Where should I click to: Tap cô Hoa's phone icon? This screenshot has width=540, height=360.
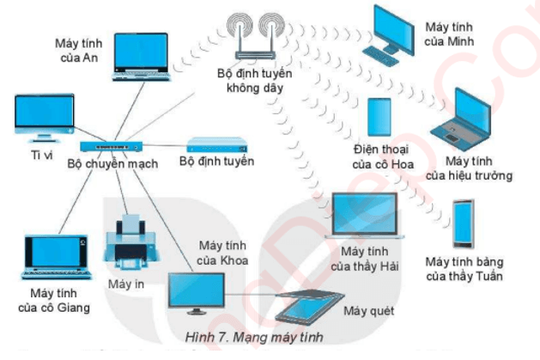click(x=380, y=119)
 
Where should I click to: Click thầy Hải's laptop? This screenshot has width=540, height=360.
click(x=365, y=216)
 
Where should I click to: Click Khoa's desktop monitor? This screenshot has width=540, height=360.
click(x=197, y=292)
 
